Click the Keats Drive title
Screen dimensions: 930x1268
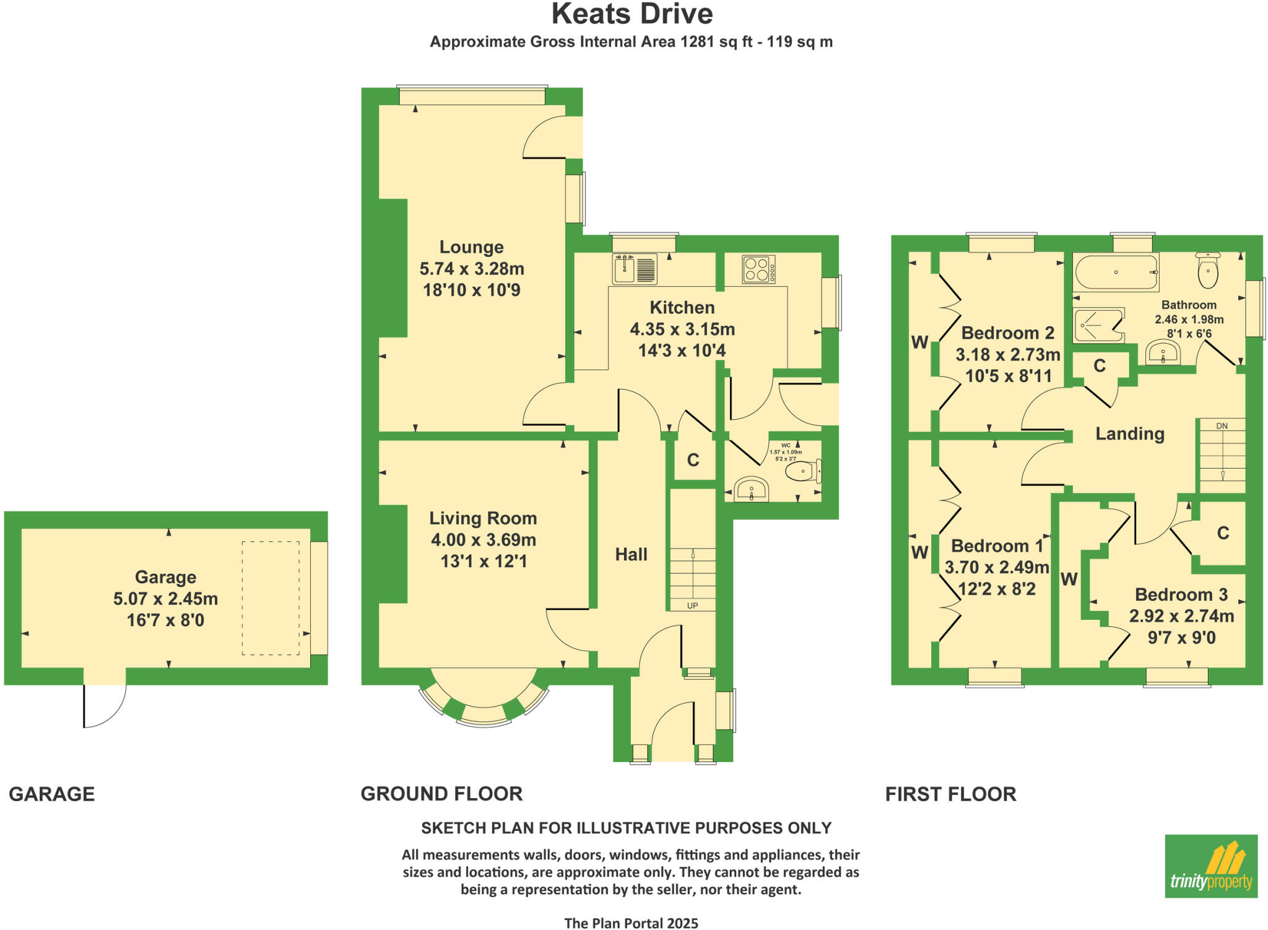632,14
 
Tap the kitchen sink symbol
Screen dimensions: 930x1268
635,269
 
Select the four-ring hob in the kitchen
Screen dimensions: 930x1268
758,269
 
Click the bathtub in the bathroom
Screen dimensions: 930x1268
1115,272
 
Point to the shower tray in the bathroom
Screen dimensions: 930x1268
1098,325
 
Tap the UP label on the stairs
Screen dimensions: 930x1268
692,605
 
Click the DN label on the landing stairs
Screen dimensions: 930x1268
1222,426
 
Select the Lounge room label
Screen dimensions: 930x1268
471,247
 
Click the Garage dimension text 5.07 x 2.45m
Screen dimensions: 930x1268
165,599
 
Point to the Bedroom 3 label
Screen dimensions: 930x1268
1181,594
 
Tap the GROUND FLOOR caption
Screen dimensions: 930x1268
441,794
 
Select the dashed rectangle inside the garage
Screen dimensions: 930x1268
271,598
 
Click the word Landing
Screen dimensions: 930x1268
1130,433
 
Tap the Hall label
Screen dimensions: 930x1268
631,554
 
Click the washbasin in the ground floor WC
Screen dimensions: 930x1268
751,490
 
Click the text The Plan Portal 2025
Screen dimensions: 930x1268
631,923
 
